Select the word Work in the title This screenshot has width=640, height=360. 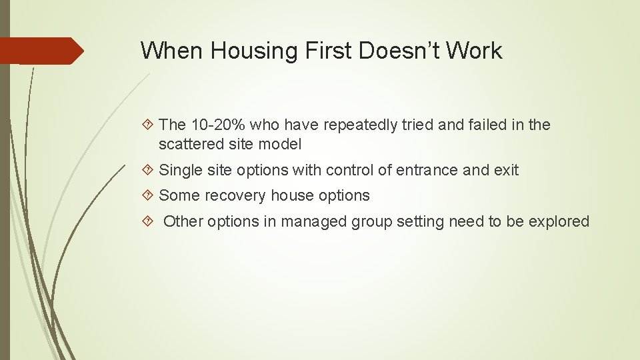[475, 51]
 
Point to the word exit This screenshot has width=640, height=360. [506, 170]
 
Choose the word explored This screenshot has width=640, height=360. [559, 221]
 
